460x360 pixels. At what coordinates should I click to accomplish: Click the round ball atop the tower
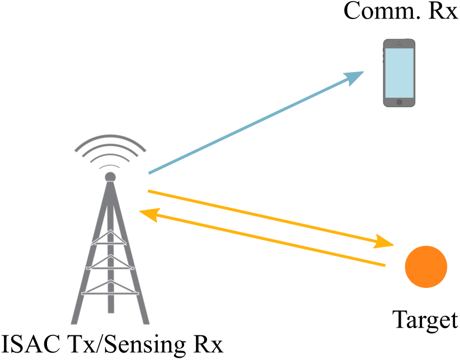click(x=110, y=177)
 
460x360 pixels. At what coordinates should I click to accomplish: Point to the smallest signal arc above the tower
click(x=110, y=166)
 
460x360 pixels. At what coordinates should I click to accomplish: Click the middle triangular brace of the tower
click(x=110, y=263)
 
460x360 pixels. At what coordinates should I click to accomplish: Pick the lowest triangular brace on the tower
click(x=110, y=287)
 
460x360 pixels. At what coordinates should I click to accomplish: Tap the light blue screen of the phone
click(x=399, y=73)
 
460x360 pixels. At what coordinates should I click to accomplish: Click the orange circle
click(x=426, y=267)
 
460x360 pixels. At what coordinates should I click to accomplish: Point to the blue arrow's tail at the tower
click(x=150, y=173)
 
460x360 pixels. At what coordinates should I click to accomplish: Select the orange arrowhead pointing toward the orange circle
click(x=385, y=243)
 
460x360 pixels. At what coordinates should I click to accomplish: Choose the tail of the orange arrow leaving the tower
click(x=149, y=191)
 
